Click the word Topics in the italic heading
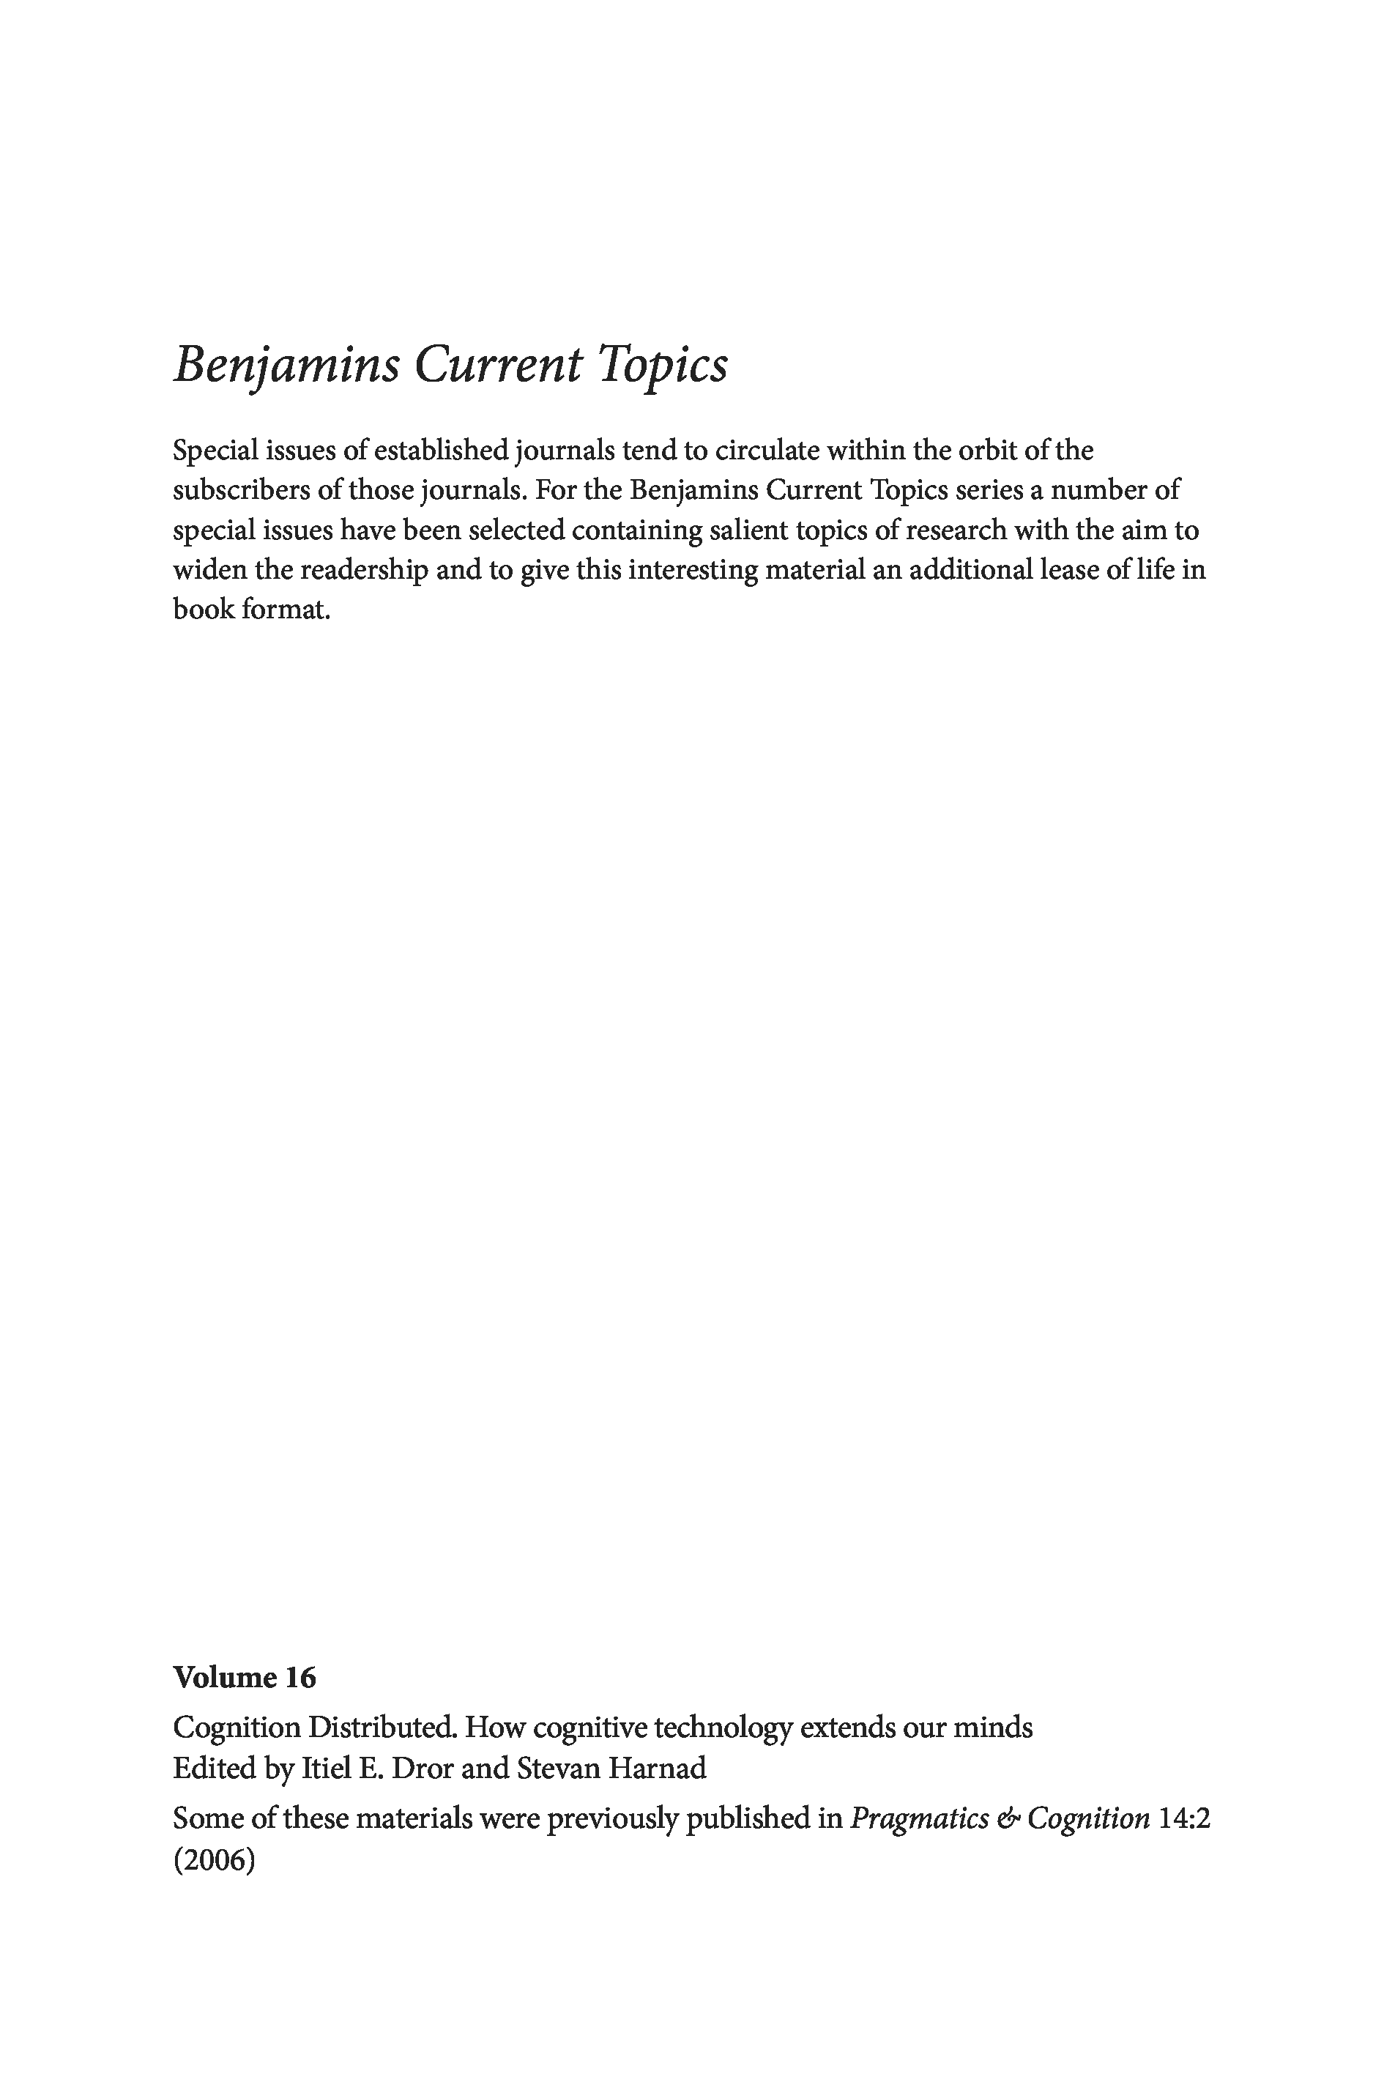[663, 364]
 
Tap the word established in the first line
[440, 451]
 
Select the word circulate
[766, 451]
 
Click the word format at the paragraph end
[284, 610]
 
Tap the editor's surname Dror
[422, 1768]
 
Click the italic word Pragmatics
[919, 1818]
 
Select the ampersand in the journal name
[1008, 1818]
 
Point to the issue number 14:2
[1183, 1818]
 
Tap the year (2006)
[215, 1859]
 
